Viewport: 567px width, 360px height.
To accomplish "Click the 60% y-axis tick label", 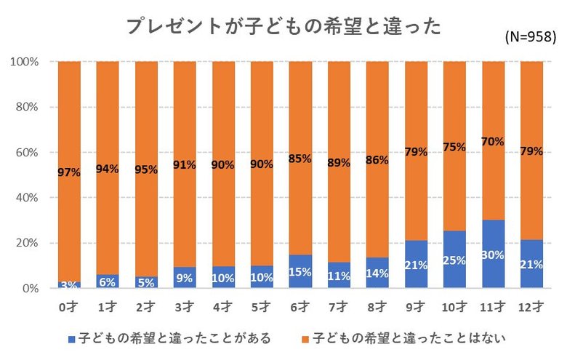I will (x=26, y=153).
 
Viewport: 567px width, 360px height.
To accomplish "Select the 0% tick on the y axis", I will (x=29, y=289).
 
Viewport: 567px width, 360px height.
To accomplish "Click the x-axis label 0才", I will (x=69, y=306).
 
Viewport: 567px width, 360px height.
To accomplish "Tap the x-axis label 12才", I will (x=531, y=306).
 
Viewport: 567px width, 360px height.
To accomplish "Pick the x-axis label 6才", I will (x=300, y=306).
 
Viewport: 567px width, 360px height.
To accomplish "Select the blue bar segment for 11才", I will (x=493, y=255).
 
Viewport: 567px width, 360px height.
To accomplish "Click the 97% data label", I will (x=69, y=172).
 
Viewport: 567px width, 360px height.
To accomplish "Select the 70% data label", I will (x=493, y=142).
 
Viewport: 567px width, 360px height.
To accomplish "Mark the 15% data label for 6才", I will (x=300, y=271).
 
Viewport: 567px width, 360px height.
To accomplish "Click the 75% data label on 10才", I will (x=454, y=146).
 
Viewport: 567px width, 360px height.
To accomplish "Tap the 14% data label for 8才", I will (x=377, y=273).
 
